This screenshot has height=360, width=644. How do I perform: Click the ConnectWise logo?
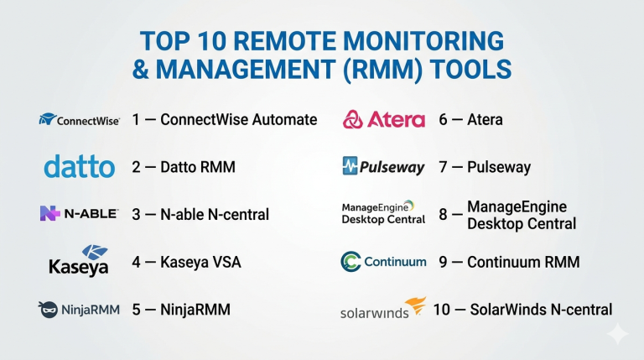80,120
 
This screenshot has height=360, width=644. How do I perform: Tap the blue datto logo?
80,166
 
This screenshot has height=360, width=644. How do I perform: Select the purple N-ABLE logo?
80,213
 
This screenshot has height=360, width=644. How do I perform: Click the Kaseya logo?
79,260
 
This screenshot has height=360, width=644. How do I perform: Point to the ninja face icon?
48,310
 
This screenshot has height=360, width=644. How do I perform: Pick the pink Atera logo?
384,120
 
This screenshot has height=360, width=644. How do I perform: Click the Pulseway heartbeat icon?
350,166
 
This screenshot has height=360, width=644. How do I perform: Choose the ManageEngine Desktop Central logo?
383,213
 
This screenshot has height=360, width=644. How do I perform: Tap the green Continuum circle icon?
351,262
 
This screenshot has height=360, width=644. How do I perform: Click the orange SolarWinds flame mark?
416,305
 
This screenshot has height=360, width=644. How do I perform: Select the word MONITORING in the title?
423,41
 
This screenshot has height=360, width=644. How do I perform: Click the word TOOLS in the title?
470,69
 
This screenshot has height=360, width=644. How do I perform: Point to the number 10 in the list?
442,310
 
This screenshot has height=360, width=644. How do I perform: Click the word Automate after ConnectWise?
284,120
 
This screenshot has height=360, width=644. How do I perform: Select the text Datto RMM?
198,167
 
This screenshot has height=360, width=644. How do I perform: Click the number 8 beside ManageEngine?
443,215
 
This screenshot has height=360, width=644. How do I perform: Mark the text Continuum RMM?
523,262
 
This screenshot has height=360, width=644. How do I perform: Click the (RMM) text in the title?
382,70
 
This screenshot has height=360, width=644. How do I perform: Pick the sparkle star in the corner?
617,334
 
